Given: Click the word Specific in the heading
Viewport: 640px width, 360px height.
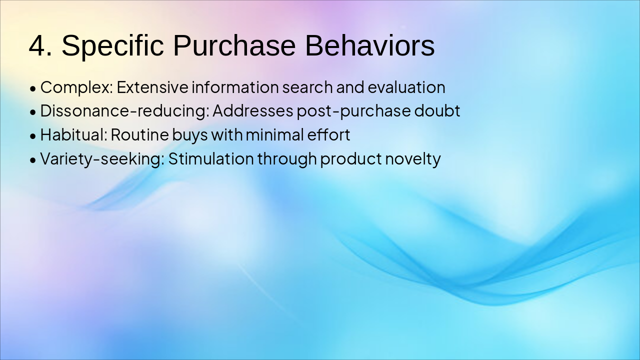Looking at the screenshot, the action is pos(113,45).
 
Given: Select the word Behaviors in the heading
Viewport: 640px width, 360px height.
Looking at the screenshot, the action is pos(369,45).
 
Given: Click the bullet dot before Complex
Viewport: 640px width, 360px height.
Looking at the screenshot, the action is pos(33,89).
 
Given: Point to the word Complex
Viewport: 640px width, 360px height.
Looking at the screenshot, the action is pos(76,87).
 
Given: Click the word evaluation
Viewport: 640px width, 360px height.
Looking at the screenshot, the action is pos(406,87).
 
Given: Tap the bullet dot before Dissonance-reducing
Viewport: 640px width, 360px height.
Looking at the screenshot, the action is pos(33,112).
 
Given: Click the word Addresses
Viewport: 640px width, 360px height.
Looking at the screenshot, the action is pos(253,110).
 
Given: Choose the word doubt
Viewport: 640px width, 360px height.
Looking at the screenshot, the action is pos(437,110).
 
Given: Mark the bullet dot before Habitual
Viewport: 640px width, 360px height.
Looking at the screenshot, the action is pos(33,136).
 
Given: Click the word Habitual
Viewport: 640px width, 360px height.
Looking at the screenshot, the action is pos(73,134).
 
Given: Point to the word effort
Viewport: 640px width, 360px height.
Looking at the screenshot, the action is pos(328,134).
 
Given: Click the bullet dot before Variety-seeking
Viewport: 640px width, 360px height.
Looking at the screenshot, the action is pos(33,160).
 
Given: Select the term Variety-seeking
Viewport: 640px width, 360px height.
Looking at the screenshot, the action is pos(102,159).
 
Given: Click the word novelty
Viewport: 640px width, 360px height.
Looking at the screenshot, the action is pos(413,159).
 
